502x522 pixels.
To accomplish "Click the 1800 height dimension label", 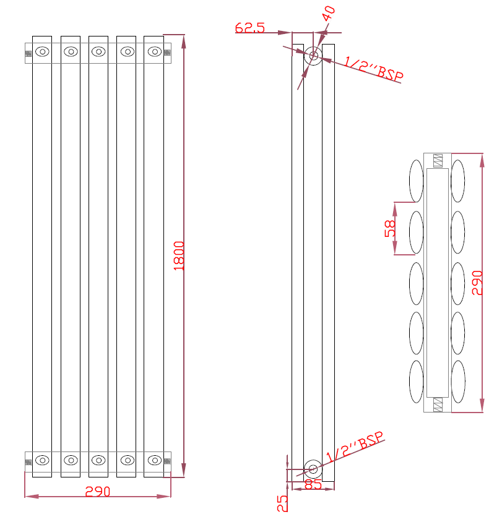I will tap(178, 255).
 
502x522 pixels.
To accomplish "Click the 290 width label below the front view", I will tap(97, 492).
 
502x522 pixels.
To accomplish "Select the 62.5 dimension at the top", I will tap(250, 28).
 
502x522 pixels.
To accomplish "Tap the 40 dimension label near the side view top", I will tap(329, 14).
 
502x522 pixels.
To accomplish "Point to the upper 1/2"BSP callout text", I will tap(374, 69).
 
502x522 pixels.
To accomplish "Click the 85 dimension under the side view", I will tap(313, 485).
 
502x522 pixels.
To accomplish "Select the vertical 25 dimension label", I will tap(282, 503).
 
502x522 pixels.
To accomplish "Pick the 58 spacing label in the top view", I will tap(390, 228).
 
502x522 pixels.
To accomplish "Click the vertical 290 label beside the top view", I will tap(477, 283).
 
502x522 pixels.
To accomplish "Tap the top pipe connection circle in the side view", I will tap(314, 56).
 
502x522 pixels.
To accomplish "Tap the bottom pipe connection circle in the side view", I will tap(313, 468).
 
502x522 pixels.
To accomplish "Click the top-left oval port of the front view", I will tap(43, 52).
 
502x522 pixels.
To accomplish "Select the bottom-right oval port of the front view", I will tap(155, 460).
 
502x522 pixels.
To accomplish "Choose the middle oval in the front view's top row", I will tap(99, 52).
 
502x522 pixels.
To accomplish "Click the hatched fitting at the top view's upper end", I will tap(438, 160).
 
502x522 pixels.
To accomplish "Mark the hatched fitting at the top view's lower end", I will tap(438, 405).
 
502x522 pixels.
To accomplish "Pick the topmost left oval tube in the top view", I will tap(416, 181).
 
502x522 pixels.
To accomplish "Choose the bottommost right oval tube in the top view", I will tap(458, 381).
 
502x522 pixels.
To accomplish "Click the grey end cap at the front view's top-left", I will tap(28, 54).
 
